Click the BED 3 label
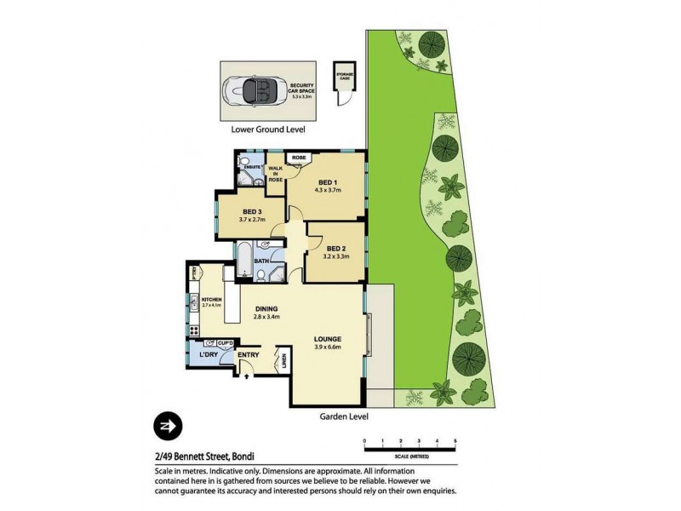251,212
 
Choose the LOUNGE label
327,337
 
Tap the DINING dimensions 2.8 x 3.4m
270,317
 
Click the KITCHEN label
211,298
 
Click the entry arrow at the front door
246,370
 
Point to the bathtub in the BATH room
243,260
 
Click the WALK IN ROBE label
275,175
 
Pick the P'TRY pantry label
195,273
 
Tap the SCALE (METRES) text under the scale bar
409,457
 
